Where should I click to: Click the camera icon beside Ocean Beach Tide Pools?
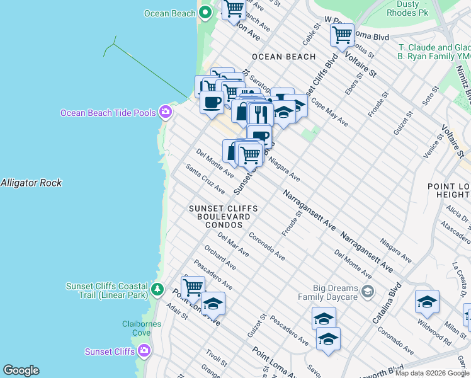[x=166, y=112]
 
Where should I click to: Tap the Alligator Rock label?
[x=31, y=183]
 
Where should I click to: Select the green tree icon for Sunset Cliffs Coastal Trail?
[x=157, y=291]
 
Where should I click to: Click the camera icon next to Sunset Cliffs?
[x=144, y=350]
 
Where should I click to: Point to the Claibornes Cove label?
[x=142, y=328]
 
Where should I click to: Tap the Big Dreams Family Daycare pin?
[x=368, y=291]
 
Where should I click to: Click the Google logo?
[x=21, y=370]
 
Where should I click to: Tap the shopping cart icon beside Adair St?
[x=193, y=287]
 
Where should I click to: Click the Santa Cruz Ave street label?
[x=205, y=179]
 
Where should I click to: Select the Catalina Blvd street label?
[x=387, y=303]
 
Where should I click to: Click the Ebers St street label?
[x=351, y=88]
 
